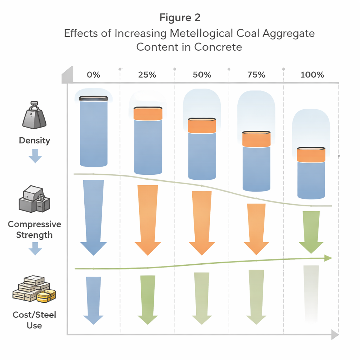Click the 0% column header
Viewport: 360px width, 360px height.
(94, 75)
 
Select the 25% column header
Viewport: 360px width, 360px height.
(148, 75)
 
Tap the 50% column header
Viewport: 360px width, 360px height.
(202, 75)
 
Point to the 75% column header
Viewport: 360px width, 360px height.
(256, 75)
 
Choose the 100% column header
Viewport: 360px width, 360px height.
(312, 75)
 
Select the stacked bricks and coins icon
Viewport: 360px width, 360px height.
(34, 290)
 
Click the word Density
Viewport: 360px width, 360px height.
(34, 141)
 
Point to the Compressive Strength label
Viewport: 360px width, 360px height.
(34, 230)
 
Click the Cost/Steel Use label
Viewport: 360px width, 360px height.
(34, 320)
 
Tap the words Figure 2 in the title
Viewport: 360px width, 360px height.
(180, 17)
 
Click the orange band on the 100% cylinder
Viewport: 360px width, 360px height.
(311, 155)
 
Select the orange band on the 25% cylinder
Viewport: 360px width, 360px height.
(148, 114)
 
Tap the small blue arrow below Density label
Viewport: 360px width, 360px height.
(35, 156)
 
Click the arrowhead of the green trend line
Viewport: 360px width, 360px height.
(328, 258)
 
